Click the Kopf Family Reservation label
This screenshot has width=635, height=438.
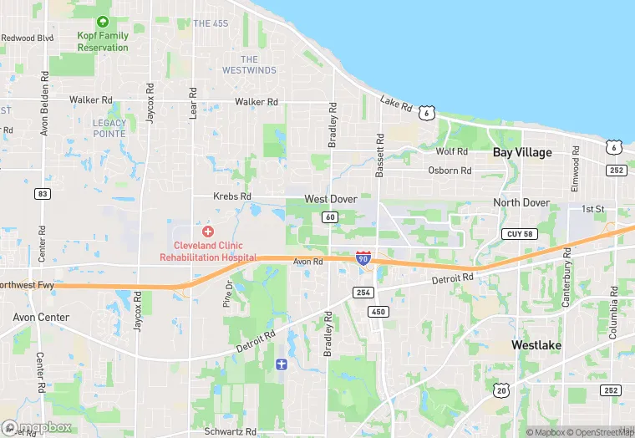click(x=103, y=42)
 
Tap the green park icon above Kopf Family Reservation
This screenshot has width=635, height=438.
click(x=103, y=22)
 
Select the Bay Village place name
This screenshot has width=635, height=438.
click(x=522, y=152)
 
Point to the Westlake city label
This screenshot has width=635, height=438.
click(x=536, y=345)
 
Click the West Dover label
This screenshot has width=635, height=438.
click(x=331, y=199)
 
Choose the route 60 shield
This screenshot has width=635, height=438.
click(x=330, y=217)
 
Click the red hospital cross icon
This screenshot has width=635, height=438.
click(x=208, y=231)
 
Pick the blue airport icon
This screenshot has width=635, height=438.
click(x=282, y=364)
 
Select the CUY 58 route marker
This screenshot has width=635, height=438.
click(x=518, y=234)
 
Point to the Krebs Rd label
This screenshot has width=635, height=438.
click(x=232, y=196)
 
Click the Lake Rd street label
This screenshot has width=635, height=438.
click(x=396, y=104)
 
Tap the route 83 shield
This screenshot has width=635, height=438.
click(x=42, y=193)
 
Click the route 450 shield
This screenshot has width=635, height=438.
click(x=377, y=312)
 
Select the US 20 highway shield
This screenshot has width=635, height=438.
click(x=500, y=390)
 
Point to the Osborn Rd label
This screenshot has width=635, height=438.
click(x=450, y=171)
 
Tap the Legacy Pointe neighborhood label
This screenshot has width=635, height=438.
click(x=109, y=128)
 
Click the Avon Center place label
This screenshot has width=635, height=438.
click(x=41, y=318)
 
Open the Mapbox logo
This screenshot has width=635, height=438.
click(x=38, y=427)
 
